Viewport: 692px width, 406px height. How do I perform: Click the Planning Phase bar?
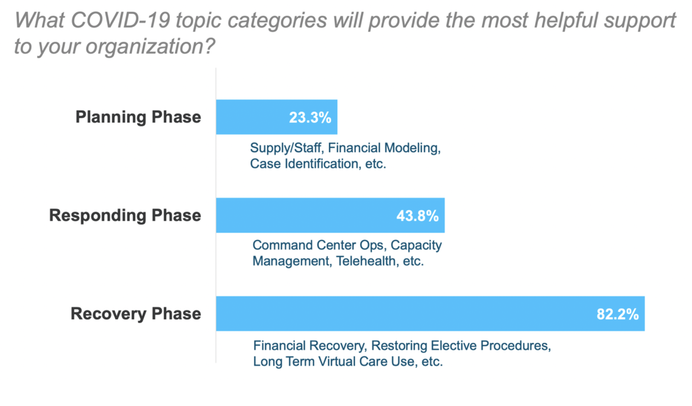[253, 117]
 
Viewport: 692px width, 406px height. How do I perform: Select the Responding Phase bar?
[307, 215]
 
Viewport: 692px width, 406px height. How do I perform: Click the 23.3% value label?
[310, 118]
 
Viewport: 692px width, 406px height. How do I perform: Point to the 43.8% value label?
[417, 216]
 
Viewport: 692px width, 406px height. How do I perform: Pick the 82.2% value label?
[617, 314]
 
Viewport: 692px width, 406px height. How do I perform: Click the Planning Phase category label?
[138, 117]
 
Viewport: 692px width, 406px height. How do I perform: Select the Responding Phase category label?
[125, 215]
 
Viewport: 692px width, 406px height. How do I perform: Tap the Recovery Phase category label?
[136, 314]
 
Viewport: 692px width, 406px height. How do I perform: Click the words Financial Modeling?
[384, 148]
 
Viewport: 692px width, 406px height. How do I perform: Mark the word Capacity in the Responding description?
[416, 245]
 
